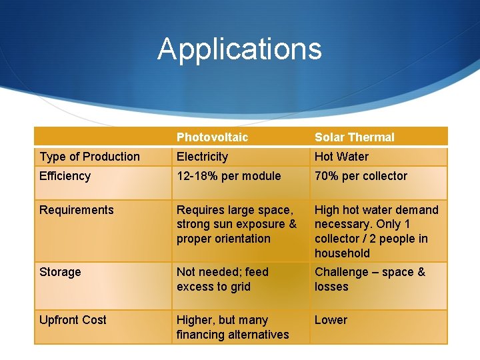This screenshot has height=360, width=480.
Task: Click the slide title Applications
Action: [x=239, y=49]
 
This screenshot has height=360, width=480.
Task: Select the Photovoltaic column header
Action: [x=212, y=137]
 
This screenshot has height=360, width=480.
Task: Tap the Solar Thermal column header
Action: [x=354, y=137]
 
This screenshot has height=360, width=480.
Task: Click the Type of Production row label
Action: [x=89, y=157]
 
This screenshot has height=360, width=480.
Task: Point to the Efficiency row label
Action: [x=65, y=176]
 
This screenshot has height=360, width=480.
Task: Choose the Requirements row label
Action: [x=76, y=210]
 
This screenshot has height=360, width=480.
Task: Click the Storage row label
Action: [x=60, y=272]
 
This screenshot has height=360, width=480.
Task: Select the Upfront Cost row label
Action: [x=73, y=320]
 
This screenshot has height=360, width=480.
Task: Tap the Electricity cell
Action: [x=202, y=157]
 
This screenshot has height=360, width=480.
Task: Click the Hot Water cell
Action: [x=341, y=157]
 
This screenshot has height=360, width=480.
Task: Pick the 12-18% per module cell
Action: [x=229, y=176]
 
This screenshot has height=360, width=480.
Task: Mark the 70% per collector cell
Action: [x=361, y=176]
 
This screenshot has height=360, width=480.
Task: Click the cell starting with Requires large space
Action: [x=236, y=224]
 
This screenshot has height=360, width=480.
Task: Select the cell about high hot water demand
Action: [x=376, y=231]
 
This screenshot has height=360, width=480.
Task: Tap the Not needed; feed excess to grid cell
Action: [x=222, y=279]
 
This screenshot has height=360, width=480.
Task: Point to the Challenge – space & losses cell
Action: [x=369, y=279]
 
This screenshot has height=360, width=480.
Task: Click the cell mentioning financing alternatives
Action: [x=232, y=327]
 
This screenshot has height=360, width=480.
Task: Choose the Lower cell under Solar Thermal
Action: [x=331, y=320]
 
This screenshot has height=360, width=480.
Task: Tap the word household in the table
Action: [x=342, y=253]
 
